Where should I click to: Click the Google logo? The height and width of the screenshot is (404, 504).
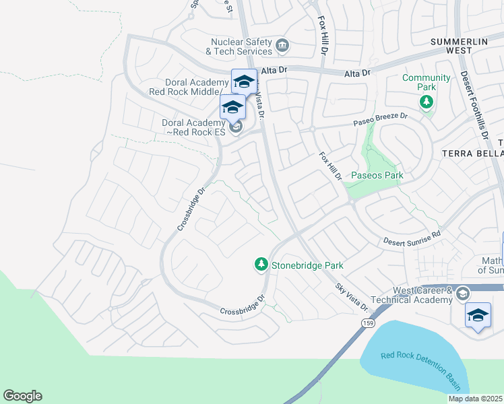pyautogui.click(x=22, y=396)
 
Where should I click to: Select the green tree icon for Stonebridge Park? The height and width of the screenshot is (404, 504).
pyautogui.click(x=261, y=265)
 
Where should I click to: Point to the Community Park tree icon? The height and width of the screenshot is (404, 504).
pyautogui.click(x=426, y=102)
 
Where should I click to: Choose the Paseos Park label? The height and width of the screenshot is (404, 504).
pyautogui.click(x=373, y=175)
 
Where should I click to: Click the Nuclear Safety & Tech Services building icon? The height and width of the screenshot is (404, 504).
pyautogui.click(x=282, y=46)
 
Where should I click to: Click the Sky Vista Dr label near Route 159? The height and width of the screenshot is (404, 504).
pyautogui.click(x=353, y=297)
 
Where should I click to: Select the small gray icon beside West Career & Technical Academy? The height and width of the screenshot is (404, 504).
pyautogui.click(x=463, y=294)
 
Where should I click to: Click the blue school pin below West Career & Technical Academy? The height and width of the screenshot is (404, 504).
pyautogui.click(x=478, y=315)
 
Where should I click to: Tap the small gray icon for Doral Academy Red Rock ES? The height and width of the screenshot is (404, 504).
pyautogui.click(x=235, y=127)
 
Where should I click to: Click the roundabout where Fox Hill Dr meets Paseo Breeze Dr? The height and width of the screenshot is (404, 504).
pyautogui.click(x=313, y=129)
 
